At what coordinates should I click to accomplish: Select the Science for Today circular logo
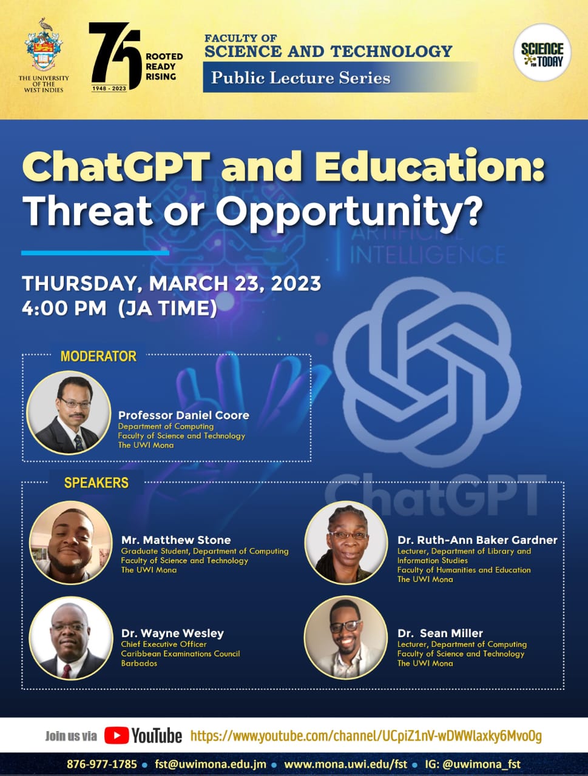pyautogui.click(x=541, y=53)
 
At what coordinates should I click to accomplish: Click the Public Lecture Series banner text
pyautogui.click(x=300, y=78)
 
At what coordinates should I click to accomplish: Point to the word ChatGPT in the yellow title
pyautogui.click(x=116, y=166)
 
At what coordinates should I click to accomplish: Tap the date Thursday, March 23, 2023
pyautogui.click(x=171, y=283)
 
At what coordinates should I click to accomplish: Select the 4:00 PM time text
pyautogui.click(x=64, y=308)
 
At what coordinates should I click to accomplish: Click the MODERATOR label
pyautogui.click(x=98, y=356)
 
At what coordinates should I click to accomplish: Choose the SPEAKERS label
pyautogui.click(x=96, y=483)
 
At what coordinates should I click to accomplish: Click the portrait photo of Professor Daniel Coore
pyautogui.click(x=69, y=413)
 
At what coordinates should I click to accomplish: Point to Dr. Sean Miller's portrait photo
pyautogui.click(x=345, y=638)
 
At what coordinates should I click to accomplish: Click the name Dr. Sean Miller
pyautogui.click(x=440, y=633)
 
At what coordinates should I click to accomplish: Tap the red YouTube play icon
pyautogui.click(x=117, y=735)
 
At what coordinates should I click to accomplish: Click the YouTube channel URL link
pyautogui.click(x=366, y=736)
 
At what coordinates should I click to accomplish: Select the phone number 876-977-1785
pyautogui.click(x=102, y=764)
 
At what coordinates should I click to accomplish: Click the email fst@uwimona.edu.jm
pyautogui.click(x=210, y=764)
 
